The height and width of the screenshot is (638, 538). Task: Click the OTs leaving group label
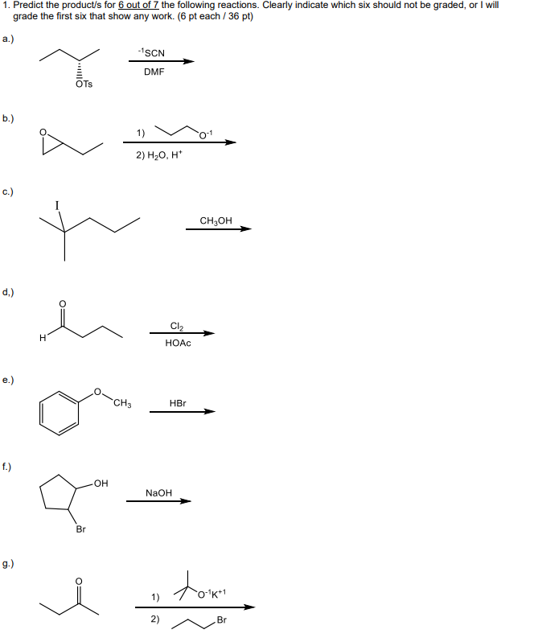(x=84, y=84)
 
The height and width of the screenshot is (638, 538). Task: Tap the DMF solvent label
(x=154, y=72)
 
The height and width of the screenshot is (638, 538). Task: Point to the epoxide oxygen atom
(x=43, y=132)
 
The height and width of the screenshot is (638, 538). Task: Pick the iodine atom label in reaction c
(x=57, y=205)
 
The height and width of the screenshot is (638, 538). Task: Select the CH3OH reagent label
(x=216, y=220)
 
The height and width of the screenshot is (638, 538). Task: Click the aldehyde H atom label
(x=43, y=338)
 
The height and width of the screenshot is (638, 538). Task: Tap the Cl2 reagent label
(x=177, y=326)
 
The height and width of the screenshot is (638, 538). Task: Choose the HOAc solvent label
(x=178, y=343)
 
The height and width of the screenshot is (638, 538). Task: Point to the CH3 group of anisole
(x=122, y=403)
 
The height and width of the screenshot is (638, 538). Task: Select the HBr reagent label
(x=178, y=403)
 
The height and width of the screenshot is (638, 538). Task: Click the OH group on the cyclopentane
(x=101, y=483)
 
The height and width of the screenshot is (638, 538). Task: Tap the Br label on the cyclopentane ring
(x=81, y=529)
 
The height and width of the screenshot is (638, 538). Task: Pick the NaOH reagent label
(x=158, y=492)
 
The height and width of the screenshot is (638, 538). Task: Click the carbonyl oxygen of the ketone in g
(x=80, y=581)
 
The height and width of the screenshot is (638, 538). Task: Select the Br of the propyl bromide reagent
(x=222, y=619)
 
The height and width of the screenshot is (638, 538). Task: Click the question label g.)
(x=8, y=563)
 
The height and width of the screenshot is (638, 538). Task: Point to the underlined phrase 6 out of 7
(x=138, y=6)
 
